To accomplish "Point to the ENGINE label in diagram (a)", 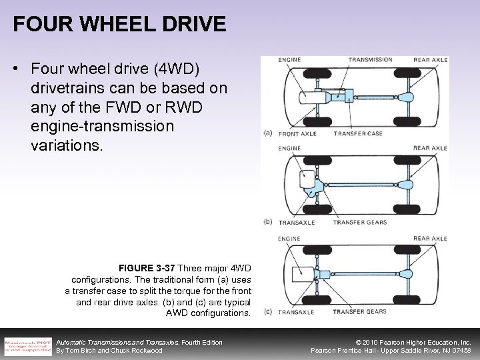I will tap(290, 59).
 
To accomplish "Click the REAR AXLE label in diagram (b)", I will tap(431, 148).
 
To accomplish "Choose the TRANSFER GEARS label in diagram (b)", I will tap(361, 222).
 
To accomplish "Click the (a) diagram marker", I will tap(267, 133).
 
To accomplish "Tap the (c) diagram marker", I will tap(267, 311).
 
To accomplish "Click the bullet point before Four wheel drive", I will tap(21, 70).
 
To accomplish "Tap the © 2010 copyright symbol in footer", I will tap(360, 342).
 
